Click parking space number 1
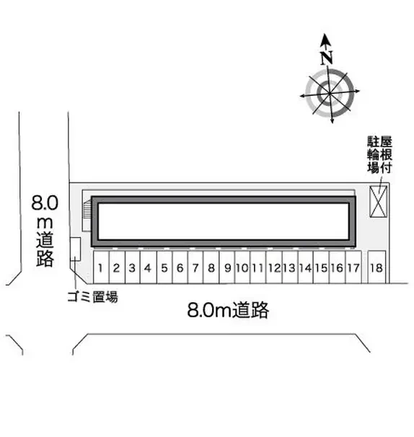click(x=101, y=268)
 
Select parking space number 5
click(x=164, y=268)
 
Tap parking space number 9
click(x=227, y=268)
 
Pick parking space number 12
click(x=274, y=268)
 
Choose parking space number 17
click(x=353, y=268)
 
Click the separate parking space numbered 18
click(x=376, y=268)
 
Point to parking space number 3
click(x=133, y=268)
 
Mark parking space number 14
click(x=306, y=268)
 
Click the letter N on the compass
click(x=327, y=58)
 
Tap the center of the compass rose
click(x=330, y=93)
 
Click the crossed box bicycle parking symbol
click(x=378, y=201)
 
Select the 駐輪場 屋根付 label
click(x=379, y=154)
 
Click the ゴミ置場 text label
click(x=92, y=296)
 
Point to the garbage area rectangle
click(x=75, y=250)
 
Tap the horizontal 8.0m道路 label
click(x=228, y=310)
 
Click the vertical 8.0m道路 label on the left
click(x=45, y=231)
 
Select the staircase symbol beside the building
click(x=87, y=216)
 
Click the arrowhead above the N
click(x=325, y=40)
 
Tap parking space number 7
click(x=195, y=268)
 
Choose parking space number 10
click(x=242, y=268)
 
